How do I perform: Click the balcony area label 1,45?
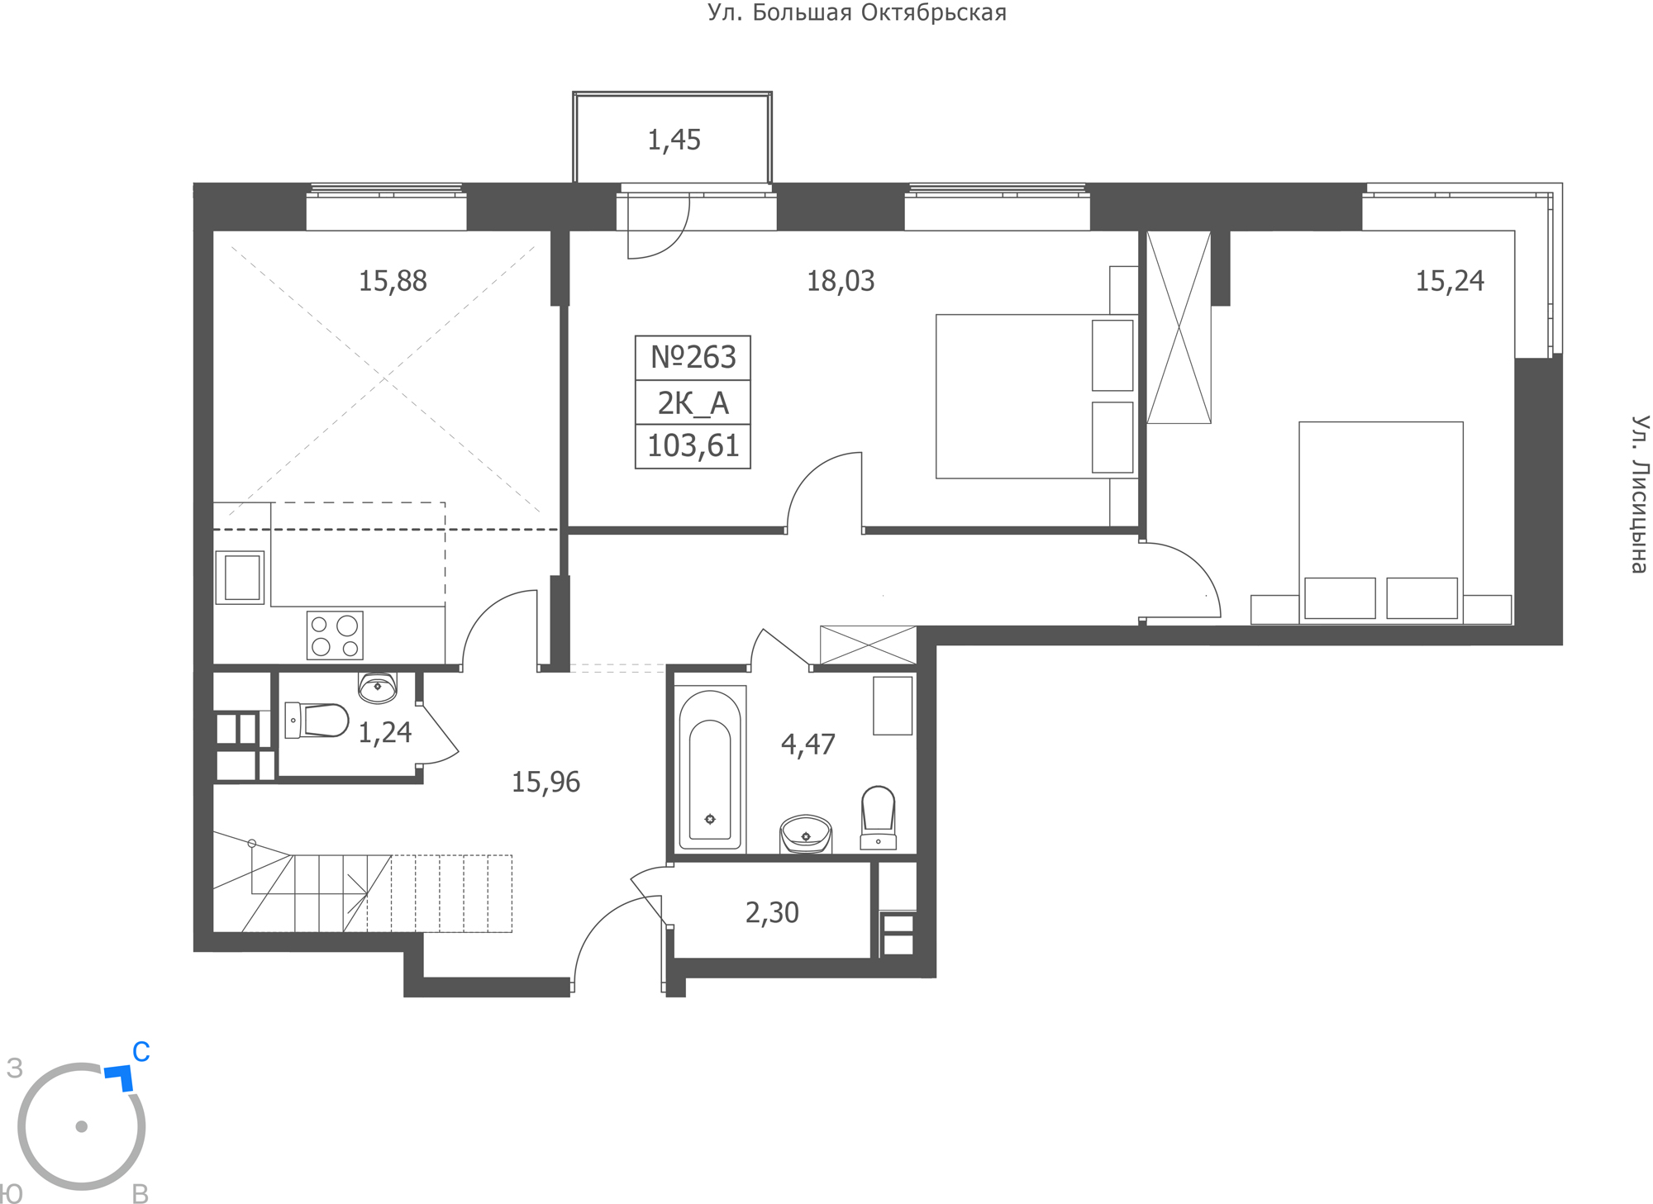pyautogui.click(x=674, y=140)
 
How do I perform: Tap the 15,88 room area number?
pyautogui.click(x=393, y=282)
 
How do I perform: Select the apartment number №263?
pyautogui.click(x=693, y=357)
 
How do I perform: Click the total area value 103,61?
pyautogui.click(x=693, y=446)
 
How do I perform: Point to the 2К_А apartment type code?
pyautogui.click(x=693, y=403)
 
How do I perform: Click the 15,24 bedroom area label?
pyautogui.click(x=1450, y=282)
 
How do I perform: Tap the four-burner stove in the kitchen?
pyautogui.click(x=335, y=635)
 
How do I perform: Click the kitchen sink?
pyautogui.click(x=241, y=577)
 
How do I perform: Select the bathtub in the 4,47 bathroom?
pyautogui.click(x=710, y=769)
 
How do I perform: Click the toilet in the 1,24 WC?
pyautogui.click(x=317, y=720)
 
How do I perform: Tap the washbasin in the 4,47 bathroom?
pyautogui.click(x=806, y=834)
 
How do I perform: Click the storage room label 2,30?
pyautogui.click(x=772, y=913)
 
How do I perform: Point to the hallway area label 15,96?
pyautogui.click(x=545, y=782)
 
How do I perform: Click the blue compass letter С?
pyautogui.click(x=141, y=1052)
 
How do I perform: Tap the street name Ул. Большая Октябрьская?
pyautogui.click(x=857, y=13)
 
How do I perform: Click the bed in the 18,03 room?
pyautogui.click(x=1037, y=397)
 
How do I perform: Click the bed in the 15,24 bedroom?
pyautogui.click(x=1381, y=522)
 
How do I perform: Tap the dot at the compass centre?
pyautogui.click(x=81, y=1126)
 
